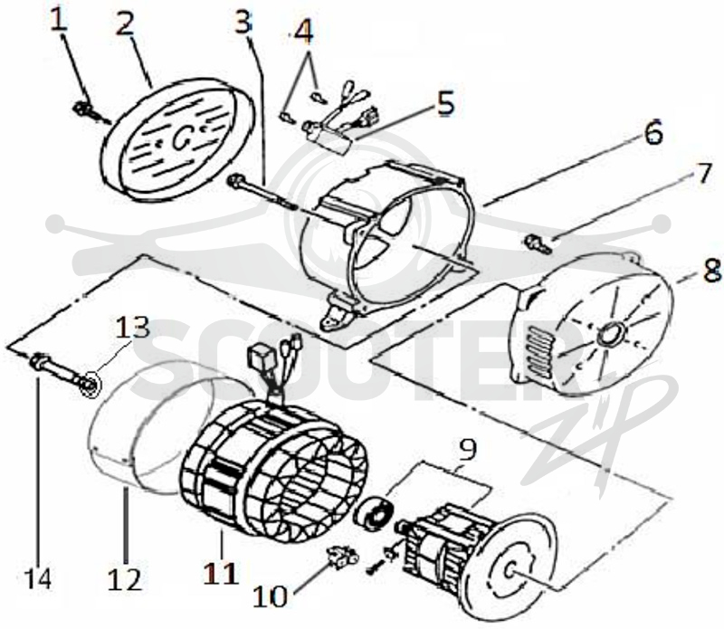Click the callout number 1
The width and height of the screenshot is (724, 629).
click(58, 21)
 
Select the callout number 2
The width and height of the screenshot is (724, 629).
click(125, 24)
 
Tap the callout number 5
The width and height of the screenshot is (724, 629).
click(445, 103)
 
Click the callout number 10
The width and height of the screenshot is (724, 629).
click(270, 596)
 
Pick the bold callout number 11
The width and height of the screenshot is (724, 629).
click(222, 573)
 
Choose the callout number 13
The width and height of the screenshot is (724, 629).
click(132, 328)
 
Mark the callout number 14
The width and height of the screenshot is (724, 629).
click(38, 577)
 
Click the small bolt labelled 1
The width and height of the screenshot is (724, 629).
click(86, 110)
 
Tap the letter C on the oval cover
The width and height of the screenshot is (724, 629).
click(179, 139)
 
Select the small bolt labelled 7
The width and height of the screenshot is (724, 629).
click(538, 243)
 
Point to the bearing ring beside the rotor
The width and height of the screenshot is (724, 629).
click(372, 512)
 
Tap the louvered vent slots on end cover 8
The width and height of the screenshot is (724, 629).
click(538, 352)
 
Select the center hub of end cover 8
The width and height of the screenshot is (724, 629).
click(611, 334)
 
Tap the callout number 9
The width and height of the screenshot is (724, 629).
click(468, 449)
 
